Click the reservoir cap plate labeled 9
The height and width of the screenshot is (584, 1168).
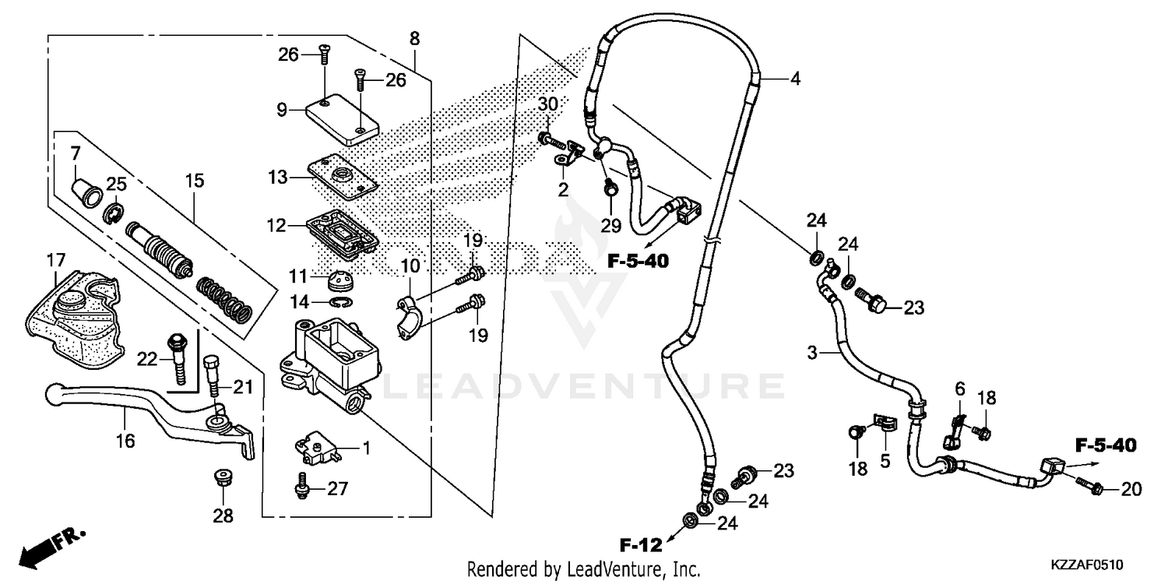(342, 119)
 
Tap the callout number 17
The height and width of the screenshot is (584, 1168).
(56, 259)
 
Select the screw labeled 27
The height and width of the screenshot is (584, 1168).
(301, 487)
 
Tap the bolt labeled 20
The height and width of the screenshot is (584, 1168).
(1089, 488)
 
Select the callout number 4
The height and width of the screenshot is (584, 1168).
(794, 79)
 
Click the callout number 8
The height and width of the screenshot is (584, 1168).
(414, 38)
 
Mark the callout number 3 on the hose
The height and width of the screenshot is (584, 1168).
(812, 354)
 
